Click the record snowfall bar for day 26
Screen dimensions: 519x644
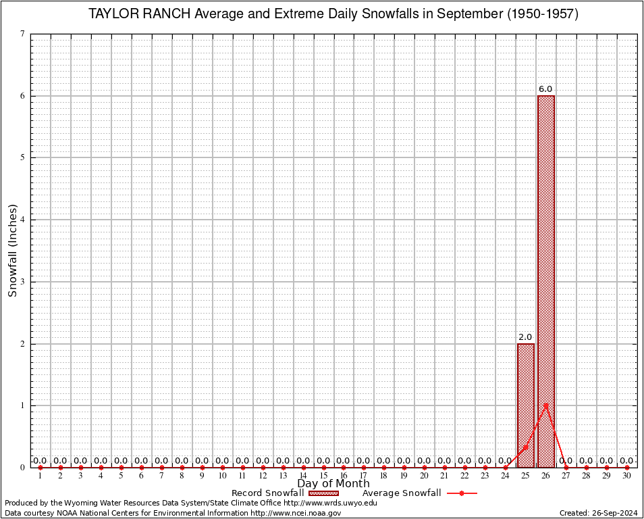[x=545, y=270]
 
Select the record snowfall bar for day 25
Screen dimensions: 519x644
[x=525, y=405]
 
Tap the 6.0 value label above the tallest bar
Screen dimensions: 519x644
[x=545, y=89]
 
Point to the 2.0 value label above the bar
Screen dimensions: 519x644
[x=525, y=337]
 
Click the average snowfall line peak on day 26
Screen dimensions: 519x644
[x=545, y=405]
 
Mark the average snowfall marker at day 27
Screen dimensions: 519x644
[x=566, y=467]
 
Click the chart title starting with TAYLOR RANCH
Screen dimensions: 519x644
[x=333, y=14]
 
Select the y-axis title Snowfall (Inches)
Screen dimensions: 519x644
[x=12, y=250]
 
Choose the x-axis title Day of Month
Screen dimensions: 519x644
[x=333, y=483]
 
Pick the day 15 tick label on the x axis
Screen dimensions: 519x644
[x=323, y=476]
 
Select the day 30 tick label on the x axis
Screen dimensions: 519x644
[x=626, y=476]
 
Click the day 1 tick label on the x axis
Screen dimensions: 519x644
[x=41, y=476]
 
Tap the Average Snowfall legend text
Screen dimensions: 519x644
[x=401, y=493]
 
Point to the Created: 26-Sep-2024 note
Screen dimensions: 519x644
[x=598, y=514]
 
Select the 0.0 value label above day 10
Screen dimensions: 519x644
[x=222, y=461]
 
